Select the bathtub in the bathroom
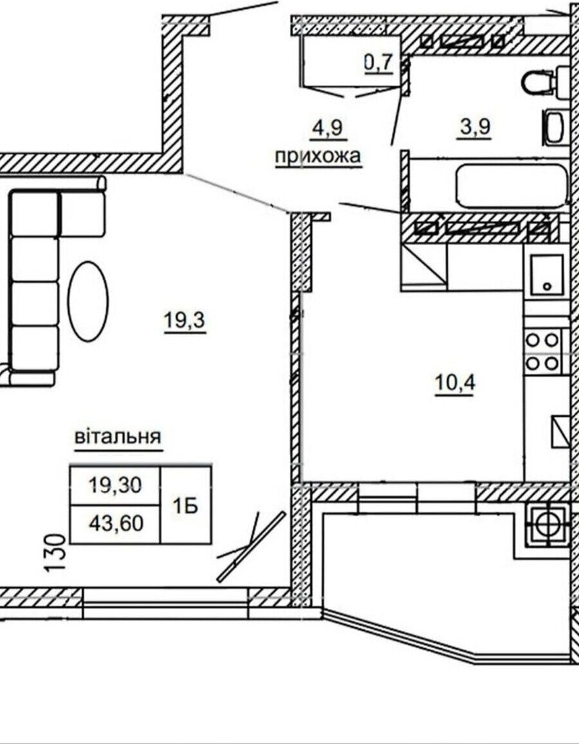coord(512,186)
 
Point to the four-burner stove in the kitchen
coord(544,352)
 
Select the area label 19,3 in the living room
coord(185,322)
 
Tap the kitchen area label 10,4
coord(455,383)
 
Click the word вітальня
coord(118,437)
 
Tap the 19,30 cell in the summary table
coord(116,485)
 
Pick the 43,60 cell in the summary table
coord(116,524)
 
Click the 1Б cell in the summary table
coord(186,506)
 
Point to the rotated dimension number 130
coord(55,554)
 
